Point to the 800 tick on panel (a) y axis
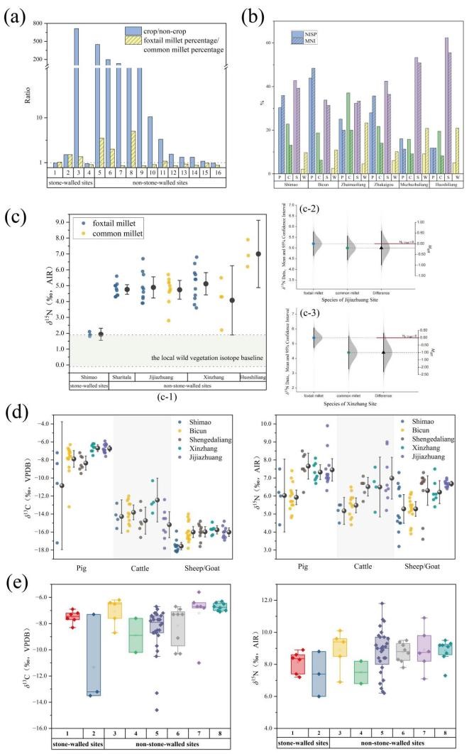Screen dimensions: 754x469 37,23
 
